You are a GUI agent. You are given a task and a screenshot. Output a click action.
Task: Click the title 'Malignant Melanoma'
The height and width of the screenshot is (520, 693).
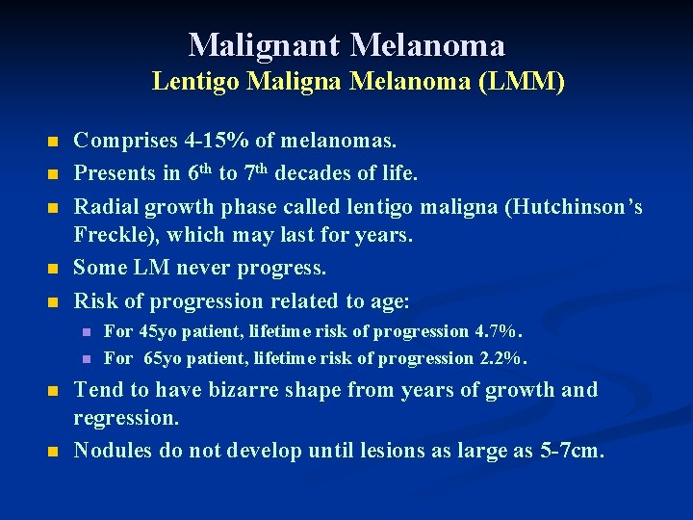tap(346, 44)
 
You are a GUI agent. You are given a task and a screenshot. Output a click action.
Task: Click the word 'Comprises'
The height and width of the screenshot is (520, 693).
tap(122, 142)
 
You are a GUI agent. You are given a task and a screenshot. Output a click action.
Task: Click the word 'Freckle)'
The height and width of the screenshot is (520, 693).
tap(115, 235)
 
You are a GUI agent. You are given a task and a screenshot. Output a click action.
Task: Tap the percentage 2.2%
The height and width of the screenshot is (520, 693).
tap(504, 359)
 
